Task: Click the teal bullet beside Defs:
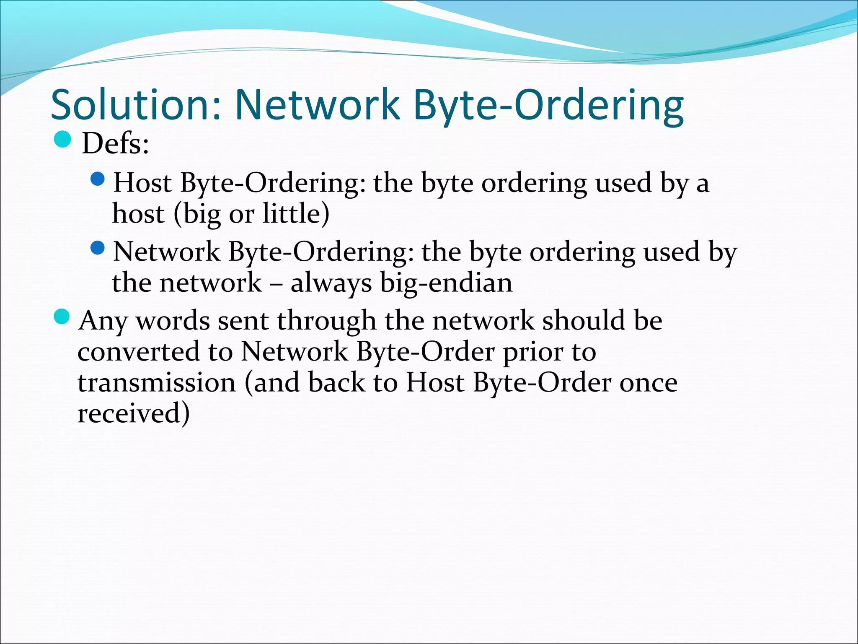click(x=63, y=140)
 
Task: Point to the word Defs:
click(x=115, y=144)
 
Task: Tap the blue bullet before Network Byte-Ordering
click(x=98, y=248)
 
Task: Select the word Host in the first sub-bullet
click(x=142, y=183)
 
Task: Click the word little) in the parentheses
click(x=296, y=214)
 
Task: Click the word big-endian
click(x=446, y=283)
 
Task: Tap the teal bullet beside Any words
click(x=63, y=317)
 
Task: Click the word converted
click(x=138, y=352)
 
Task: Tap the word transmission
click(x=157, y=383)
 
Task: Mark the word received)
click(x=134, y=413)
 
